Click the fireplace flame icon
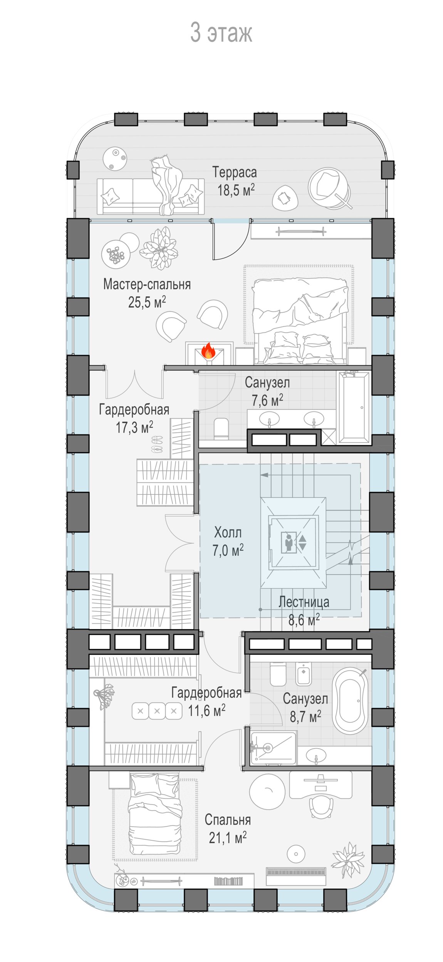click(x=208, y=351)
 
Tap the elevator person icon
click(x=289, y=543)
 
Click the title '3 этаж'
click(x=221, y=32)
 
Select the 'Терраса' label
click(x=235, y=172)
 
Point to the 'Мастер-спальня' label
click(x=147, y=284)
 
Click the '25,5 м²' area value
click(x=147, y=302)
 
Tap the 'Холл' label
click(x=228, y=533)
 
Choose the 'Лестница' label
click(x=304, y=602)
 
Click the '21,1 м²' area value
click(x=228, y=837)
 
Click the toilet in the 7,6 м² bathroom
click(x=221, y=429)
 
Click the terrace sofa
click(x=151, y=196)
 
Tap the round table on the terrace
click(x=115, y=159)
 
